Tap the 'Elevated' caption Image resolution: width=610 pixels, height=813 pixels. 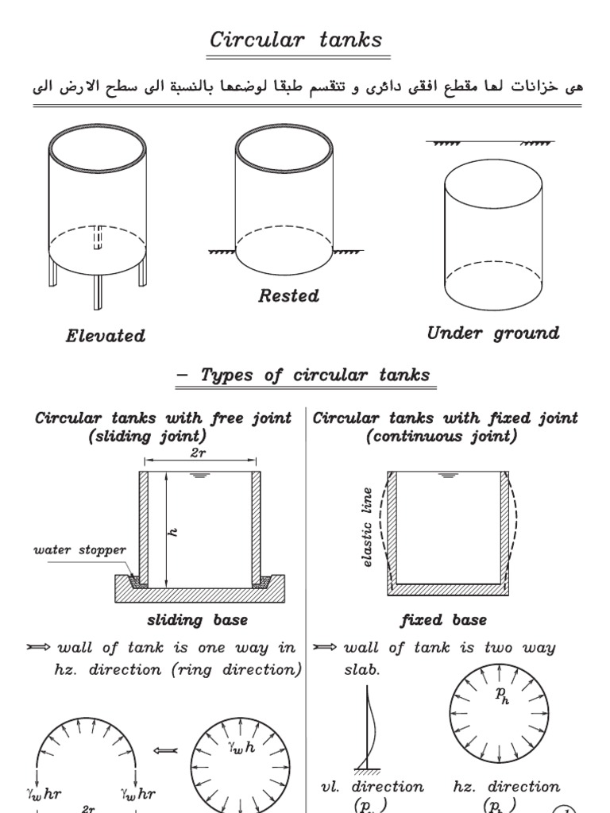tap(106, 336)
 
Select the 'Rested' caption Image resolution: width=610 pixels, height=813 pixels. tap(288, 296)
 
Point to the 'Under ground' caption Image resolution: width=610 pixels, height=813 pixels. tap(492, 333)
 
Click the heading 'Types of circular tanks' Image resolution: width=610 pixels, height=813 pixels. tap(306, 376)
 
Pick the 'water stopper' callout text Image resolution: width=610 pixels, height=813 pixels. tap(79, 549)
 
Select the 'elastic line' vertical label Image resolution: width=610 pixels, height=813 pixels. tap(367, 527)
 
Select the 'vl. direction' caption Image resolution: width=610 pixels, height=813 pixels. tap(372, 786)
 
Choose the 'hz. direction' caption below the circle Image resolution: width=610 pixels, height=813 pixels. tap(506, 786)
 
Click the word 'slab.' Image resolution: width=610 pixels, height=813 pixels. tap(362, 669)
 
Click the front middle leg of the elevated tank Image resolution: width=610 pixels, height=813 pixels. tap(98, 292)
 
